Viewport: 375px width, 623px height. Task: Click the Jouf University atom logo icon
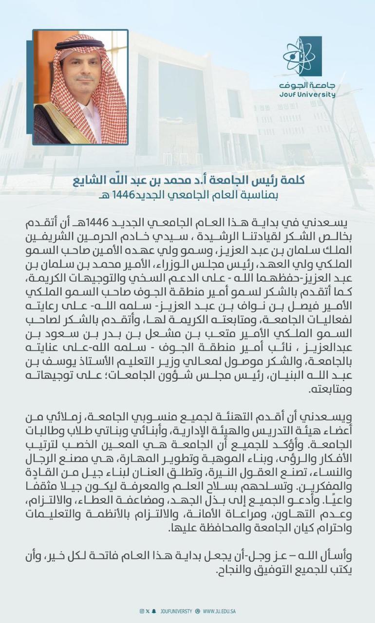[x=302, y=56]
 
